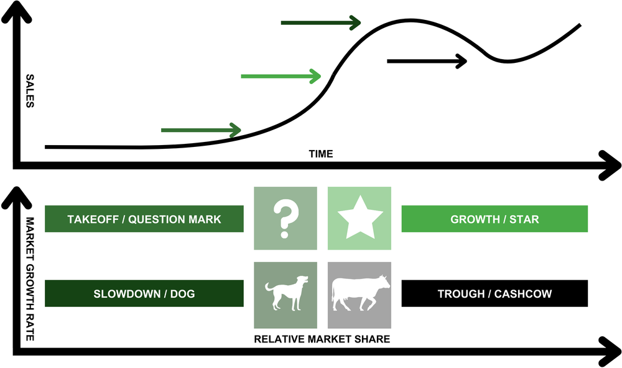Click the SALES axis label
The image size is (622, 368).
(x=29, y=92)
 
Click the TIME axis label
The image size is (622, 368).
(x=320, y=154)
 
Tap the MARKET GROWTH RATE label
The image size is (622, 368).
(x=29, y=277)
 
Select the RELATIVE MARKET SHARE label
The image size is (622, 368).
(x=322, y=339)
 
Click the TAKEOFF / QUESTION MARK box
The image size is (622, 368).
(x=144, y=219)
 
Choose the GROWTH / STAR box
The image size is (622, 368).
(x=494, y=219)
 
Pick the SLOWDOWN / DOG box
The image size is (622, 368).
(x=144, y=293)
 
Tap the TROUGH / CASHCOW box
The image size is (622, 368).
(x=494, y=293)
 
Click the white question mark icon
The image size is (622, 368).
(x=285, y=219)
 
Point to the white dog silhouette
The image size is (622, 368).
(x=285, y=293)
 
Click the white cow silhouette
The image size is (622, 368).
(x=360, y=293)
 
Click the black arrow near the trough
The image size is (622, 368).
(x=427, y=61)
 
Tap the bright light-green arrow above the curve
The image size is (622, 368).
(x=281, y=77)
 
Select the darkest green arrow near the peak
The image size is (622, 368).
(x=320, y=23)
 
